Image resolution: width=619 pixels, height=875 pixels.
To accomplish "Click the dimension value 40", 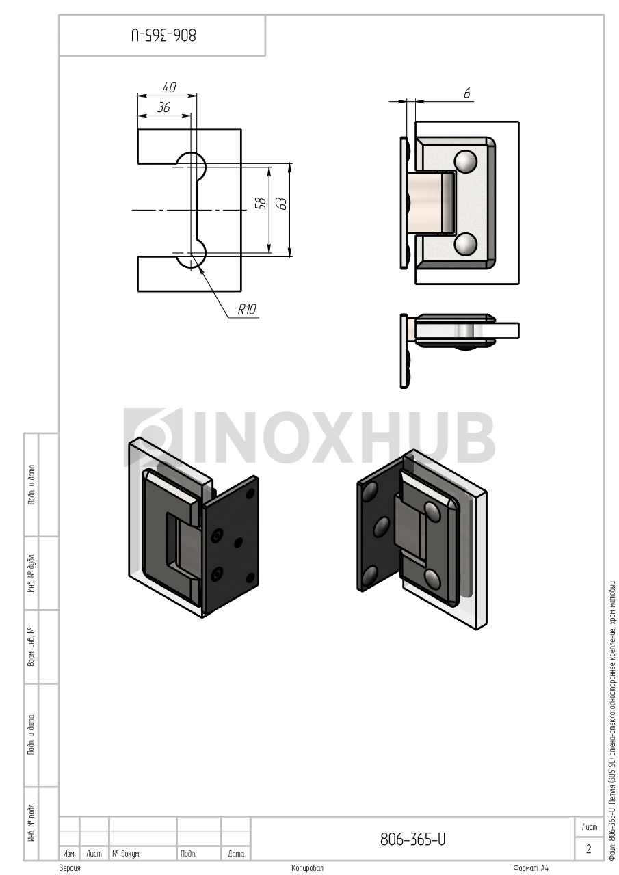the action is click(x=169, y=87).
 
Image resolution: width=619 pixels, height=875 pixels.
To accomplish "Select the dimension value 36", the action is click(x=163, y=107).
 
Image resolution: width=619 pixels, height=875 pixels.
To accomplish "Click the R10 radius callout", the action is click(x=247, y=310).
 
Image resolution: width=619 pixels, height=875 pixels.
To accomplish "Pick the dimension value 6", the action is click(x=466, y=94).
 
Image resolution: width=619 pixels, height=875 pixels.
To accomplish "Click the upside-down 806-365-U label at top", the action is click(x=163, y=35).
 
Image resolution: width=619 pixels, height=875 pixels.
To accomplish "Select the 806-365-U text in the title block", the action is click(x=412, y=839).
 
